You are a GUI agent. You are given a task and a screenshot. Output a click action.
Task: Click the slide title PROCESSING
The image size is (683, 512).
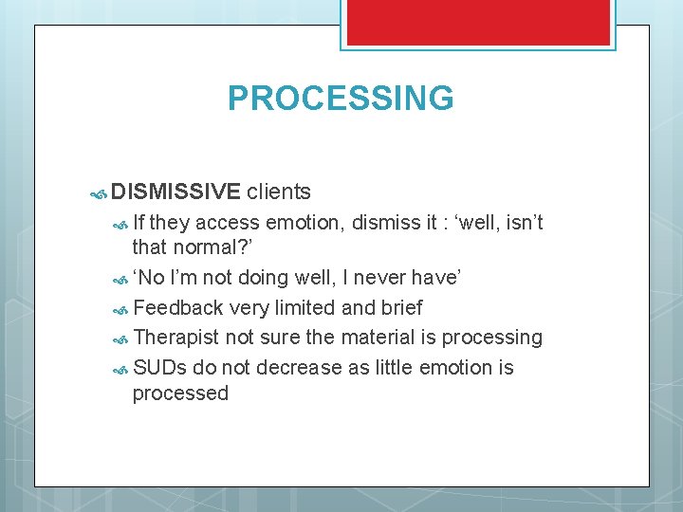point(341,99)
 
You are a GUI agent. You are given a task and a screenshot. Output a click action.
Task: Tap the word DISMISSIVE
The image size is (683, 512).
point(175,192)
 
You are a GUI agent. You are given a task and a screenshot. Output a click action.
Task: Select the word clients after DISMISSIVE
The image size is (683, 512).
point(279,192)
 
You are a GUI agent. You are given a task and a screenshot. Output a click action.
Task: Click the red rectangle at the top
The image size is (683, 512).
point(477,22)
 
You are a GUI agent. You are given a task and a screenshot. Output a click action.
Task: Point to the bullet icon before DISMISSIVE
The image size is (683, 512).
point(98,194)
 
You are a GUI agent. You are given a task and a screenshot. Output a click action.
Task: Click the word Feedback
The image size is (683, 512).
point(178,308)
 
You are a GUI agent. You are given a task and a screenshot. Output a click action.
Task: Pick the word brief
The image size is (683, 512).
point(399,308)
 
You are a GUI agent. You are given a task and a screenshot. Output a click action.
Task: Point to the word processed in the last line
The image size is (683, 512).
point(180,393)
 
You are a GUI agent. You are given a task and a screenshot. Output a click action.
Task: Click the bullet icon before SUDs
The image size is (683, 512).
point(120,369)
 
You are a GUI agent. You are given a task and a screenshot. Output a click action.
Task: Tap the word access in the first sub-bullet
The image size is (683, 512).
point(228,223)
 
